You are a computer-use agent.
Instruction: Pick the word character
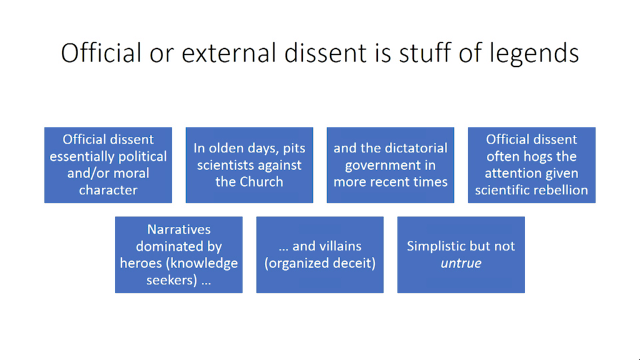point(108,190)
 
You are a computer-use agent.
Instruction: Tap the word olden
point(223,148)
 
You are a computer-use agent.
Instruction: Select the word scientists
point(223,165)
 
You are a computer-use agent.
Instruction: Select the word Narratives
point(179,229)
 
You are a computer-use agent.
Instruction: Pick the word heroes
point(141,263)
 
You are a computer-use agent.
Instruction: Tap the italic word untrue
point(461,264)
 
